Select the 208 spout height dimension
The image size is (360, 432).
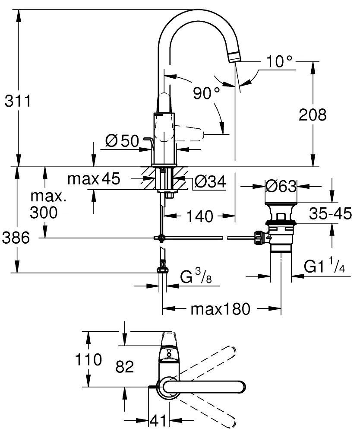click(x=312, y=115)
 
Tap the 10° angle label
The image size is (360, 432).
click(x=279, y=62)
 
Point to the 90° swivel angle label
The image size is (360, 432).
click(x=206, y=93)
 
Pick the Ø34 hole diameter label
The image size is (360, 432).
click(x=210, y=183)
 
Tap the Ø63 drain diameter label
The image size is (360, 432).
click(x=281, y=187)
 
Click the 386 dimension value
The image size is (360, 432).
click(x=16, y=238)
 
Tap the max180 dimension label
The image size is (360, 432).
click(x=220, y=309)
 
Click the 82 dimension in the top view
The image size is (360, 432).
click(x=125, y=367)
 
